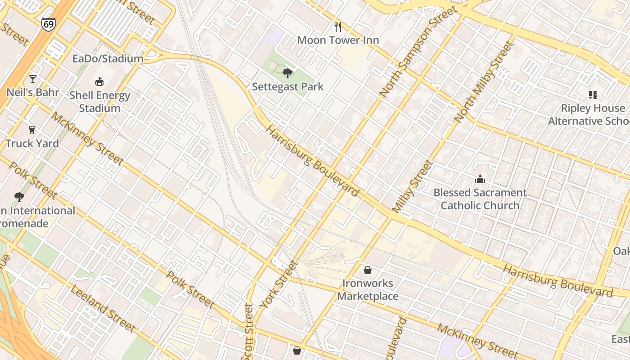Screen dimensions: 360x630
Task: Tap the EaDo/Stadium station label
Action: [x=108, y=58]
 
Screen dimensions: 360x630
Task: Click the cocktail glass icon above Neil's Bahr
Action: [x=32, y=79]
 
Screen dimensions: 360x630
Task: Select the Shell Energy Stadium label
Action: [x=99, y=102]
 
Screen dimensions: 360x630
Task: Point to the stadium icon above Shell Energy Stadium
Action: [x=99, y=81]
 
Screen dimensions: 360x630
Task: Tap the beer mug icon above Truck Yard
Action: [x=31, y=130]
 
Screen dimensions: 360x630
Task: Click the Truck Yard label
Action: [x=32, y=144]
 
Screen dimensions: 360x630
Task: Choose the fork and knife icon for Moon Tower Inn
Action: [x=338, y=27]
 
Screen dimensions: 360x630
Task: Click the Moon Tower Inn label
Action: [x=338, y=40]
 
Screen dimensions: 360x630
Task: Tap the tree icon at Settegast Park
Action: [x=287, y=73]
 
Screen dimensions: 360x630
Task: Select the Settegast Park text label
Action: [x=288, y=86]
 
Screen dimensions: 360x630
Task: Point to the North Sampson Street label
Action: [x=418, y=52]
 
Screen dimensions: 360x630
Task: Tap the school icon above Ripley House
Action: [x=593, y=95]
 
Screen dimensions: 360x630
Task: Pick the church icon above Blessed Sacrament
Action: [x=480, y=179]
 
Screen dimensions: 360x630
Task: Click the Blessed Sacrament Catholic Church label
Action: [x=480, y=199]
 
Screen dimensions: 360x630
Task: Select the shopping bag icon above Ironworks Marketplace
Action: [x=368, y=270]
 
